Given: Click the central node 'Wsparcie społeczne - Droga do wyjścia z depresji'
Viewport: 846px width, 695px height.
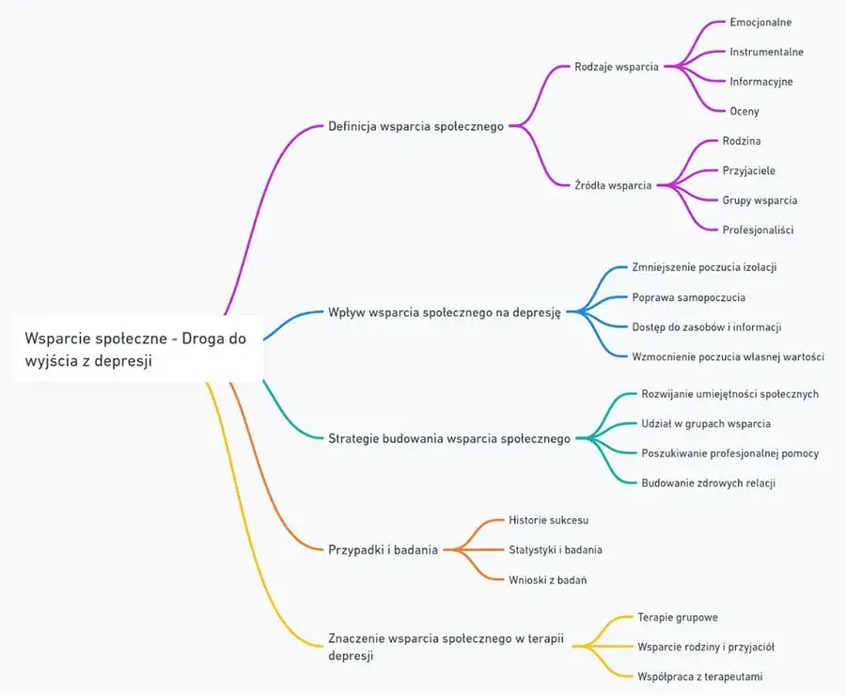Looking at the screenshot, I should pyautogui.click(x=136, y=349).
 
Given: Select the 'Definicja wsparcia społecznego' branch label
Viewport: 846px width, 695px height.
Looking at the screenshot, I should pyautogui.click(x=415, y=126).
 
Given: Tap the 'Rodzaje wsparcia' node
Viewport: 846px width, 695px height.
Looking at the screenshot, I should pyautogui.click(x=616, y=67).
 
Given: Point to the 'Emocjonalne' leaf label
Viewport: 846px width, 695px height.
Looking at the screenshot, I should pyautogui.click(x=760, y=22).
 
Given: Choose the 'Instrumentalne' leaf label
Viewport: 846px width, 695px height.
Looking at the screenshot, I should pyautogui.click(x=766, y=52).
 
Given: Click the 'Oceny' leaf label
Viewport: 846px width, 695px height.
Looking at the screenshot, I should pyautogui.click(x=744, y=111).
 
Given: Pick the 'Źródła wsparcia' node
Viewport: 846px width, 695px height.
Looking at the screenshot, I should pyautogui.click(x=613, y=185).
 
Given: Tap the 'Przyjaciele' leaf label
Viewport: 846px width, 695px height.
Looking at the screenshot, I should pyautogui.click(x=748, y=170).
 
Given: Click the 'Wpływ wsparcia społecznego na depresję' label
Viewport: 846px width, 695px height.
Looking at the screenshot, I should pyautogui.click(x=444, y=312).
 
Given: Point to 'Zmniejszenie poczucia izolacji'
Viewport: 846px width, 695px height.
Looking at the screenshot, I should pyautogui.click(x=704, y=267).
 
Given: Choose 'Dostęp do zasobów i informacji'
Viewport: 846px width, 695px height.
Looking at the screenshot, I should pyautogui.click(x=707, y=326).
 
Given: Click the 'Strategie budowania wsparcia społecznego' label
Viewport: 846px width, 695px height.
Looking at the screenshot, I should pyautogui.click(x=449, y=438).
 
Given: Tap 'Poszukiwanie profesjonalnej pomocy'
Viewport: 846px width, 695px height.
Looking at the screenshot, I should pyautogui.click(x=729, y=453).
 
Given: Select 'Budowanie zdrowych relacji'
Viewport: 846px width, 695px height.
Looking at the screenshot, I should pyautogui.click(x=708, y=482).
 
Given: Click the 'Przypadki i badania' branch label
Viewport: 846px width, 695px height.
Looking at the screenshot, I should pyautogui.click(x=383, y=550).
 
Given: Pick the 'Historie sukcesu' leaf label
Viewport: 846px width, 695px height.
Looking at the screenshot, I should pyautogui.click(x=548, y=519).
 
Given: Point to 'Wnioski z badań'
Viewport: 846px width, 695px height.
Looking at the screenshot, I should pyautogui.click(x=547, y=579).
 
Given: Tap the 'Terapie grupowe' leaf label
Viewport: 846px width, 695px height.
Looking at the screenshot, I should pyautogui.click(x=677, y=617).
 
